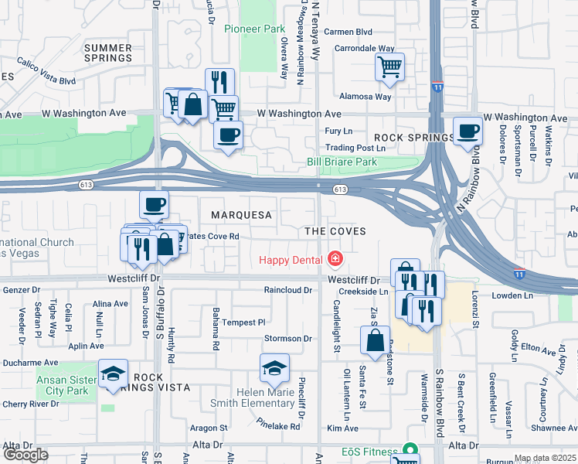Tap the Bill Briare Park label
tap(341, 162)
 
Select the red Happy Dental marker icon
tap(335, 258)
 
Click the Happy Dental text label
tap(291, 260)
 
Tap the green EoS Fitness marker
tap(409, 451)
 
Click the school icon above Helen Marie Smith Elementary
tap(274, 369)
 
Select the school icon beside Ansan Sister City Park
tap(113, 375)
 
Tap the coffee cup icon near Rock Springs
tap(466, 131)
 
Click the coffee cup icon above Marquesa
tap(154, 204)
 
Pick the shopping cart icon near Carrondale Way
tap(390, 66)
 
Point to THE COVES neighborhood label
tap(334, 231)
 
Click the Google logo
tap(25, 455)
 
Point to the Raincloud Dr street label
tap(287, 291)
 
